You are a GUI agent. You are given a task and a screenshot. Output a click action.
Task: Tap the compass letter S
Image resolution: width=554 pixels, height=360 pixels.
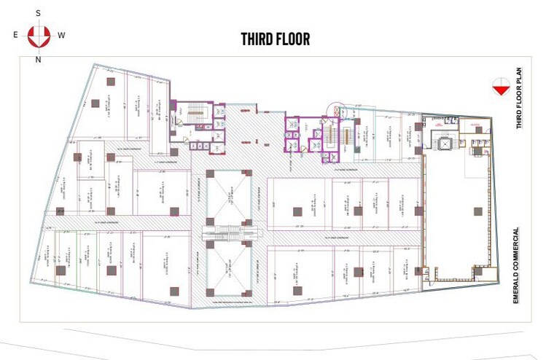click(x=38, y=13)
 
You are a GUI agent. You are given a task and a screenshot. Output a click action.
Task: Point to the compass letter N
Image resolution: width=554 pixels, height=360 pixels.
click(x=38, y=60)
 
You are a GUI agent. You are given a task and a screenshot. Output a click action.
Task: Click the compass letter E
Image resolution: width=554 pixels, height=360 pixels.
click(x=15, y=35)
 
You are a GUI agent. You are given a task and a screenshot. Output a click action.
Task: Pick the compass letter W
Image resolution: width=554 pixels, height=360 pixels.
click(x=61, y=35)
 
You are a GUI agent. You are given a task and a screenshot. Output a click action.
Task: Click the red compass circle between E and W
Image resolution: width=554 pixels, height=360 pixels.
click(x=38, y=35)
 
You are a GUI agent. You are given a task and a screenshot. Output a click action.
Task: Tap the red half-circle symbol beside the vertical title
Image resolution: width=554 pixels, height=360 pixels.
click(x=500, y=86)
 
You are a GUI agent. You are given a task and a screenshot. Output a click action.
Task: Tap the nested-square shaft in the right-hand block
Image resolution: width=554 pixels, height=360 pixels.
click(x=442, y=142)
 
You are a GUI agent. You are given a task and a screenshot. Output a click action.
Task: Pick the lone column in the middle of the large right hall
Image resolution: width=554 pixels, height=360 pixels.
click(x=477, y=211)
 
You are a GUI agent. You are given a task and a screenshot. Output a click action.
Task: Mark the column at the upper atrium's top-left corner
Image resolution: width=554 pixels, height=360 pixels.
click(x=209, y=173)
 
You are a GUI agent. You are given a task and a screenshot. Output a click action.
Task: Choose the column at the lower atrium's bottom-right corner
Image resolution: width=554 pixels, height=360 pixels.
click(x=249, y=294)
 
